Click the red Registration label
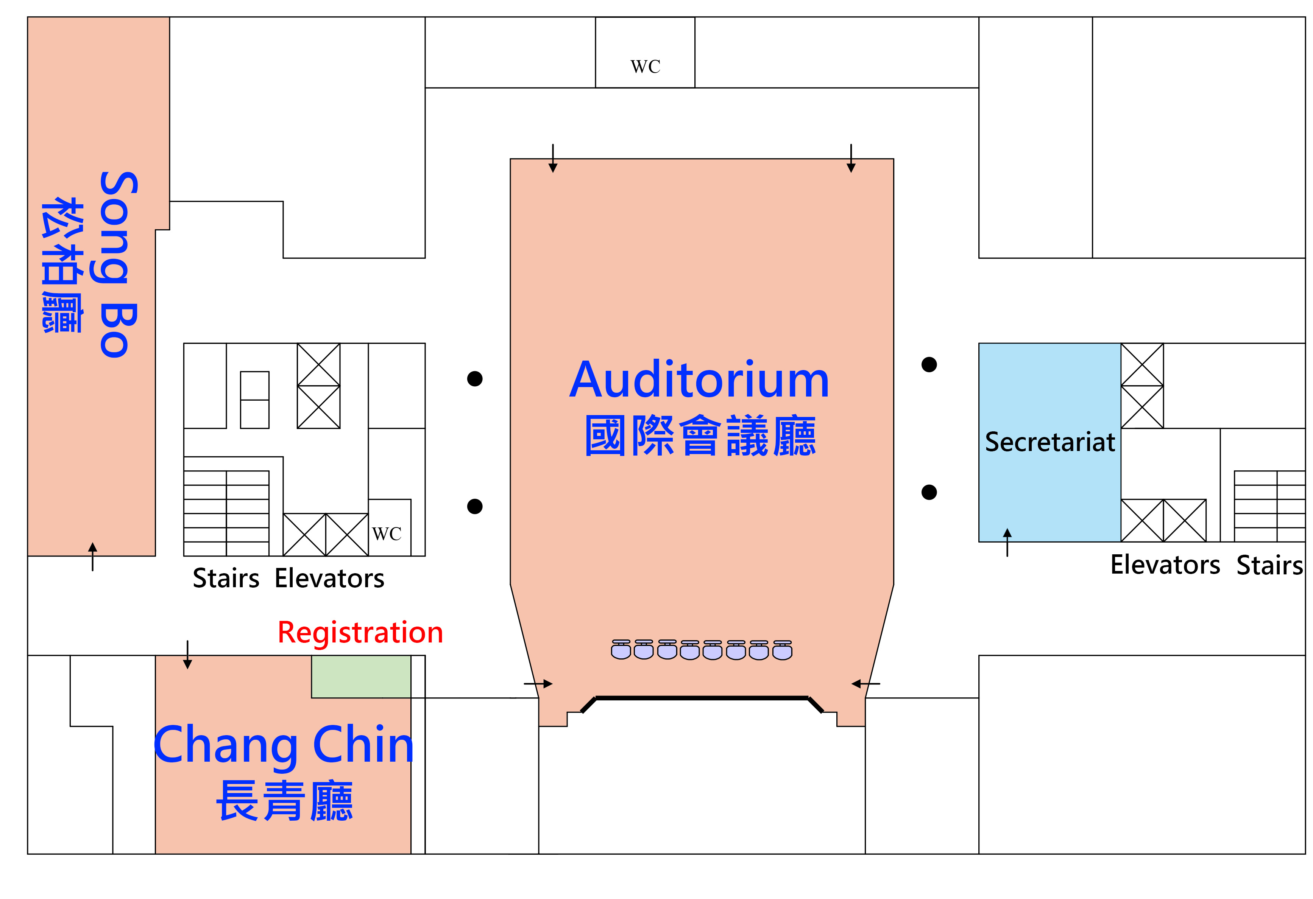[x=360, y=633]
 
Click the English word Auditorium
[x=699, y=380]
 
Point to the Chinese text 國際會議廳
[x=700, y=436]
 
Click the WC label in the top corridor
[x=645, y=67]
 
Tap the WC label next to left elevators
[x=387, y=533]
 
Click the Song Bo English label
[x=118, y=264]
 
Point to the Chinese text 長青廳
[x=284, y=801]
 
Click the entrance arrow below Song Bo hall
[x=93, y=556]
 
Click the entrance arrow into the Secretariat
[x=1007, y=542]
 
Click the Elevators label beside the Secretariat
[x=1165, y=565]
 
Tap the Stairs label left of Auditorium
[x=226, y=578]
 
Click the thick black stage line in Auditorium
[x=702, y=698]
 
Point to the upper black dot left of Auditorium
[x=474, y=378]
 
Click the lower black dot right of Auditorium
[x=929, y=492]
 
